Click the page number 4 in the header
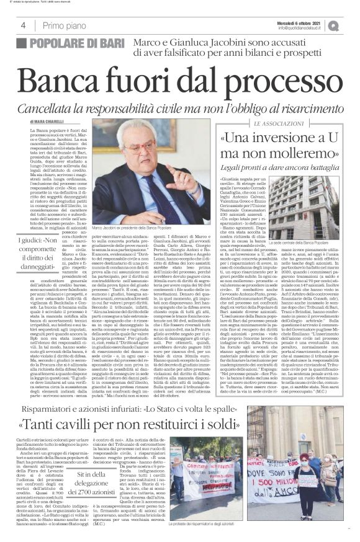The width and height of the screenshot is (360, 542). (22, 25)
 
